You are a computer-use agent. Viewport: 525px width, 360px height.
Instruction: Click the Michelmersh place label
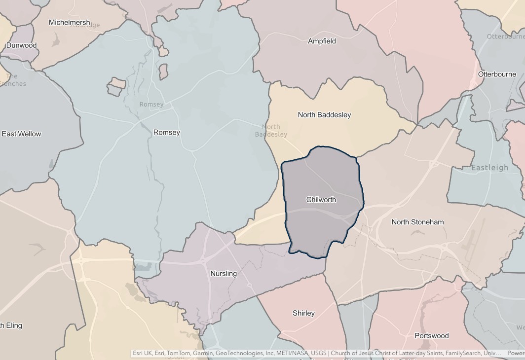[x=70, y=22]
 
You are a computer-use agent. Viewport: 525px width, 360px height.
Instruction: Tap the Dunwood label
[x=21, y=45]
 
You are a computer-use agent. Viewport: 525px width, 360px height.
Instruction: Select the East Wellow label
[x=21, y=134]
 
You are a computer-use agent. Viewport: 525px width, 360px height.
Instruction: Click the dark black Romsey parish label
[x=167, y=132]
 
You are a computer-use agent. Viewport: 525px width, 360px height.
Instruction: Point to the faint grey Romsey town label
[x=151, y=105]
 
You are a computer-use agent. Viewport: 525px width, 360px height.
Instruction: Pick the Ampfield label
[x=322, y=41]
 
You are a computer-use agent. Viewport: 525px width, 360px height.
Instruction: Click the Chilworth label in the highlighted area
[x=321, y=199]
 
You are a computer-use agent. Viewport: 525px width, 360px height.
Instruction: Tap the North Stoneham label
[x=417, y=222]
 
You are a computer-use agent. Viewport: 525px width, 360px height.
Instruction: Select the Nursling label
[x=224, y=273]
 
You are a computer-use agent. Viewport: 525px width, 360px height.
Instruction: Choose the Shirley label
[x=303, y=313]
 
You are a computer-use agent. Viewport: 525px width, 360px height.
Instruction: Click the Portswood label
[x=432, y=336]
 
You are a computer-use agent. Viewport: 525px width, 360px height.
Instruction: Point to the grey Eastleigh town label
[x=489, y=168]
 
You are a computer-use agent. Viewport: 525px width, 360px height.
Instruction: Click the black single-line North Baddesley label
[x=324, y=114]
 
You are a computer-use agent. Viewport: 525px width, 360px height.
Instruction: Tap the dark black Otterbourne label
[x=497, y=74]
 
